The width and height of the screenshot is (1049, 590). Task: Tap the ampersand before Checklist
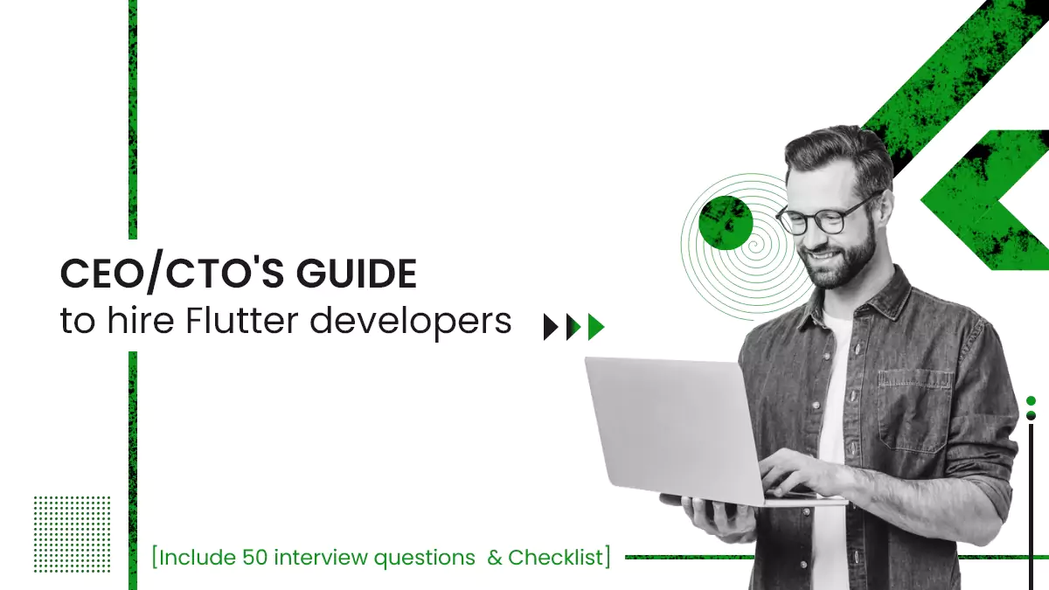click(495, 557)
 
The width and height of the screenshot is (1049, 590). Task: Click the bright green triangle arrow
click(596, 327)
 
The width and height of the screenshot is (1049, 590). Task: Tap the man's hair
click(835, 153)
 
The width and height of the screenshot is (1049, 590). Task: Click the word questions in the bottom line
click(421, 557)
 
